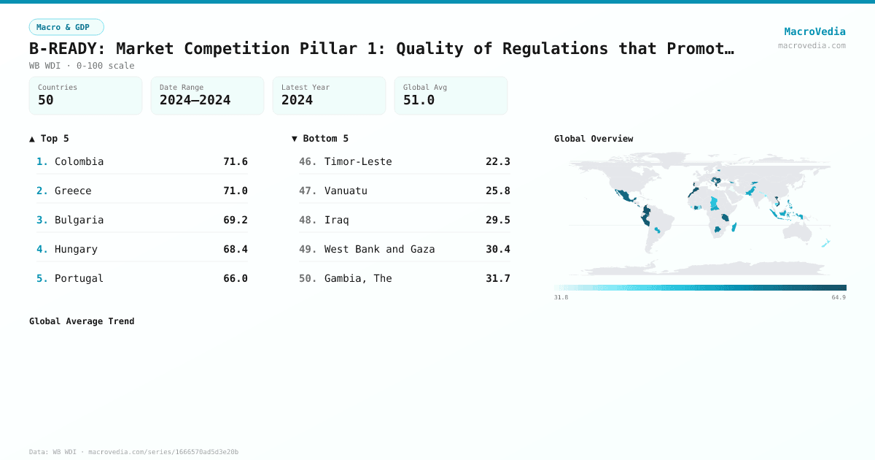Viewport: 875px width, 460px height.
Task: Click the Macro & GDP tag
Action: tap(66, 27)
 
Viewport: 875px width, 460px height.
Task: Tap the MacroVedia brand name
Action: tap(814, 31)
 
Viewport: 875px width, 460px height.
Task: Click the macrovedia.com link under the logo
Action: tap(812, 45)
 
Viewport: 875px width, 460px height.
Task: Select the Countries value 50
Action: tap(46, 100)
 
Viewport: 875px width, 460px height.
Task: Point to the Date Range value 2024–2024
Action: tap(195, 100)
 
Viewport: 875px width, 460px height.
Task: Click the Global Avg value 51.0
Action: tap(419, 100)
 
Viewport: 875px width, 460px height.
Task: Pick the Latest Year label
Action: tap(306, 87)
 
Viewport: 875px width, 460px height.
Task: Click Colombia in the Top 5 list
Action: tap(79, 161)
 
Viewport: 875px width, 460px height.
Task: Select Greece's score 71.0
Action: tap(236, 191)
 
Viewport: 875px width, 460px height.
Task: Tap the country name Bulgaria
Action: tap(79, 220)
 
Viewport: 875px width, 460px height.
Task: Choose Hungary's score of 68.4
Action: tap(236, 249)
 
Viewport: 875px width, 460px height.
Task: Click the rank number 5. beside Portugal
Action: tap(42, 278)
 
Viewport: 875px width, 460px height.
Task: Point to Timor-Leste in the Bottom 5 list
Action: tap(358, 161)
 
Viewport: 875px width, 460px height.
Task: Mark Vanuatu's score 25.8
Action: tap(498, 191)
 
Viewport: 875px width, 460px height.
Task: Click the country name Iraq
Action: tap(337, 220)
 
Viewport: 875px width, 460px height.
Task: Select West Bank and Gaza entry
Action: tap(379, 249)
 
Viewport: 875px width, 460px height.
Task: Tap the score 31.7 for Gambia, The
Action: tap(498, 278)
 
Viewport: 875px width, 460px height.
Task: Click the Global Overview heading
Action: tap(594, 139)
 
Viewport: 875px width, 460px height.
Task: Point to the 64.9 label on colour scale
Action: tap(839, 297)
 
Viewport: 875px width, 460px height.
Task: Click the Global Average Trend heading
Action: tap(82, 321)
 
